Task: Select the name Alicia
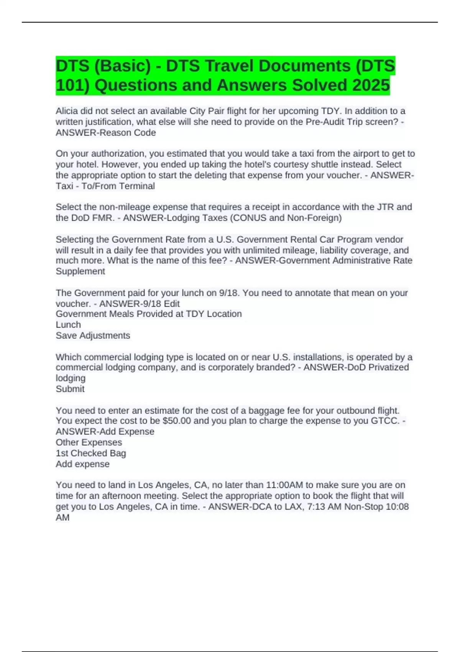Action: (x=67, y=111)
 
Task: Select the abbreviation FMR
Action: (x=103, y=218)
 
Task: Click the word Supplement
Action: (x=80, y=271)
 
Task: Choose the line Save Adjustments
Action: (x=93, y=336)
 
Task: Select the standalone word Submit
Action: (x=70, y=389)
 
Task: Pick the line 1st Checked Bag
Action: (x=91, y=453)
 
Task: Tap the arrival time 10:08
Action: (x=397, y=507)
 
